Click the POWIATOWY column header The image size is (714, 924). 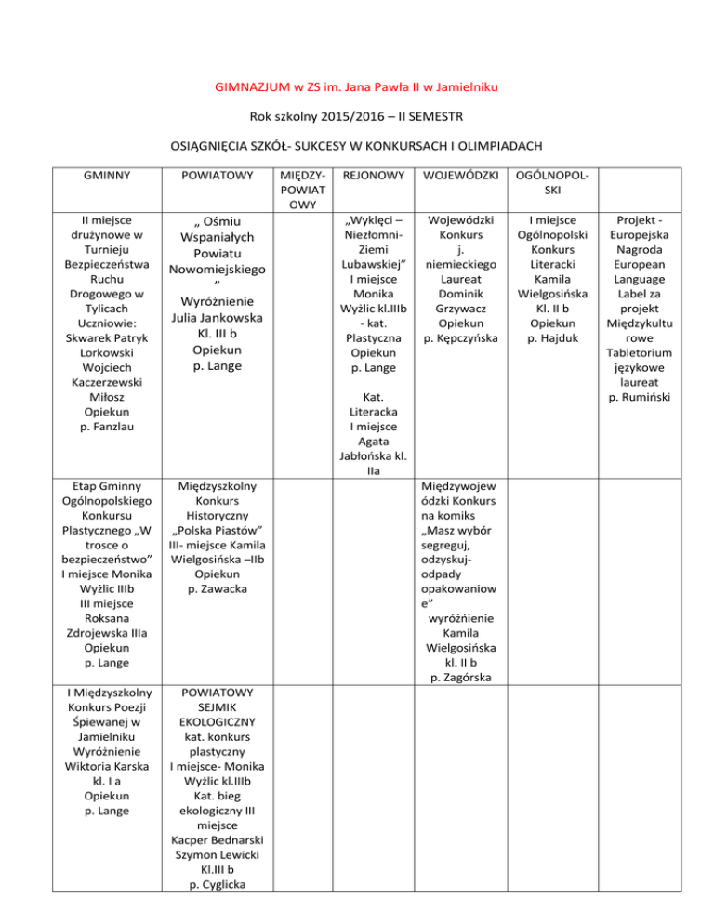215,175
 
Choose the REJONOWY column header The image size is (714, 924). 373,175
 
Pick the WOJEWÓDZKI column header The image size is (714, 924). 459,175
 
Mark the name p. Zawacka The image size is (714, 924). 216,590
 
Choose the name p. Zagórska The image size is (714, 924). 460,677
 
